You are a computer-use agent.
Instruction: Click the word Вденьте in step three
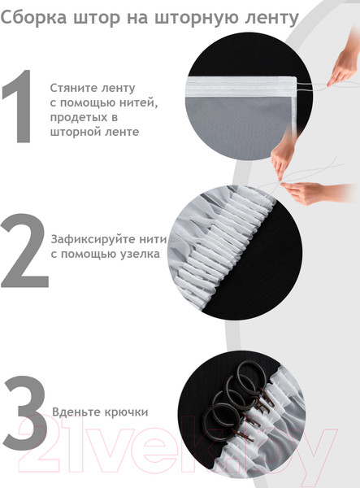coord(74,412)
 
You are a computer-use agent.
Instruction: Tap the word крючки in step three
coord(126,412)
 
